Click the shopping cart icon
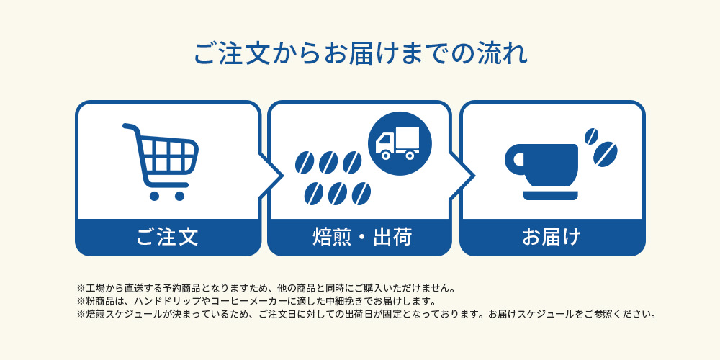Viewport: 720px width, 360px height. (163, 161)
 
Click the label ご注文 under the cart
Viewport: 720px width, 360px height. (167, 236)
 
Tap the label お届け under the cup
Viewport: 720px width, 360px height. (552, 236)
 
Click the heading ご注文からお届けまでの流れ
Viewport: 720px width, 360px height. (360, 55)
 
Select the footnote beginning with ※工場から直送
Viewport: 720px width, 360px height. (266, 288)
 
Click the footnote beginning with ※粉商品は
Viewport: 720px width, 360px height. (256, 301)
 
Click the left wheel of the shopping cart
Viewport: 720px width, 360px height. (154, 195)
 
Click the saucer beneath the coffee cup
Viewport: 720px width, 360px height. (551, 195)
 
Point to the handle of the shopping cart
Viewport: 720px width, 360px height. (130, 128)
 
